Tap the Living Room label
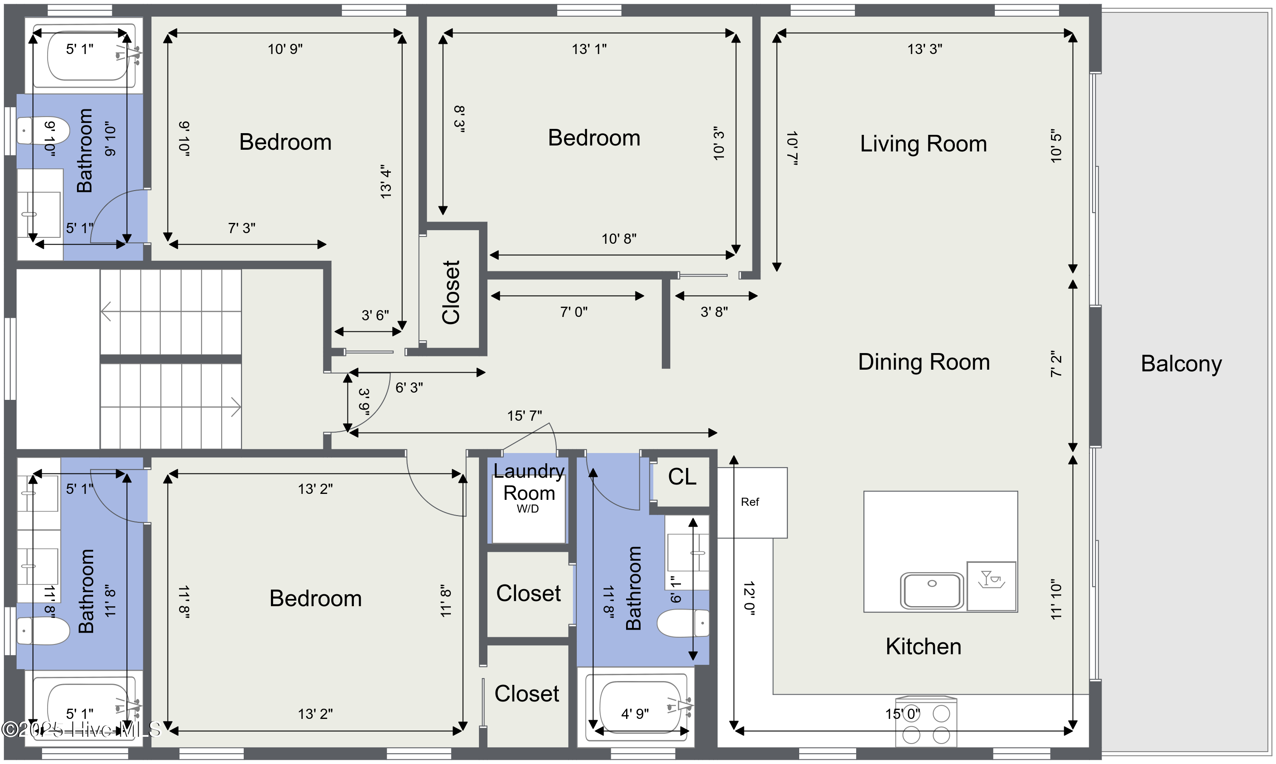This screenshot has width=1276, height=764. pyautogui.click(x=923, y=144)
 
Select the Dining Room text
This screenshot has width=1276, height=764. pyautogui.click(x=923, y=362)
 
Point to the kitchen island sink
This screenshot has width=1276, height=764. pyautogui.click(x=931, y=590)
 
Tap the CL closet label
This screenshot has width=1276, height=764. pyautogui.click(x=681, y=477)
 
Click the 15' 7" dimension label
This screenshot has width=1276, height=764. pyautogui.click(x=524, y=416)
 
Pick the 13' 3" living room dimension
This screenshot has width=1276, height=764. pyautogui.click(x=924, y=49)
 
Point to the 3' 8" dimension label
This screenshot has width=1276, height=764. pyautogui.click(x=714, y=311)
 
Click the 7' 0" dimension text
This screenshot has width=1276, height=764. pyautogui.click(x=573, y=311)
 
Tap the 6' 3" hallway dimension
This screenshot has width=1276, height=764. pyautogui.click(x=409, y=388)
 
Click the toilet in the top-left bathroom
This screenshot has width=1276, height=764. pyautogui.click(x=43, y=131)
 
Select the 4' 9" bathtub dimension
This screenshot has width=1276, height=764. pyautogui.click(x=635, y=713)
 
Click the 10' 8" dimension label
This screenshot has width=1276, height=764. pyautogui.click(x=619, y=238)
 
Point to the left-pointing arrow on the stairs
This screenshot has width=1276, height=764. pyautogui.click(x=107, y=311)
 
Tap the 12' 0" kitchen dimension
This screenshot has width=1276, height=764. pyautogui.click(x=749, y=598)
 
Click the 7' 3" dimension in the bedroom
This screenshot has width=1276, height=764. pyautogui.click(x=242, y=228)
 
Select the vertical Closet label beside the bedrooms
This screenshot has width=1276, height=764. pyautogui.click(x=451, y=292)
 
